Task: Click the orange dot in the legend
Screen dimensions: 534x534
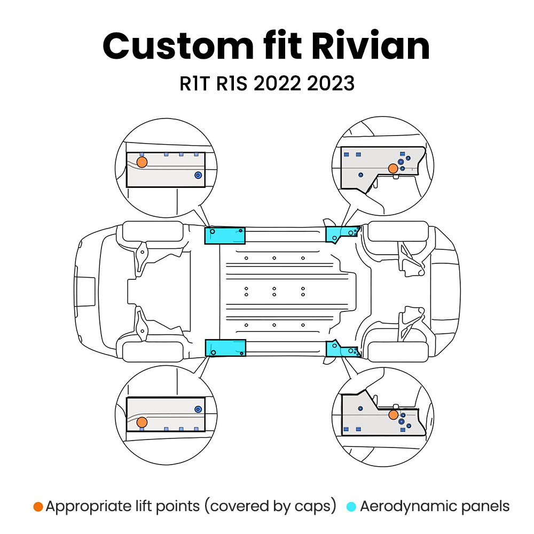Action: click(38, 506)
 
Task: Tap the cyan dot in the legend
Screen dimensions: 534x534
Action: click(351, 506)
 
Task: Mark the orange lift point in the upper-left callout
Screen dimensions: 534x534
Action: click(142, 162)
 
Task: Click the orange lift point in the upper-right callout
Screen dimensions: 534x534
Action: click(393, 168)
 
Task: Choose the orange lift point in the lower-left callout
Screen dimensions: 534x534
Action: click(142, 422)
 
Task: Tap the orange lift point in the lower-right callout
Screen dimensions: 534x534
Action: click(393, 415)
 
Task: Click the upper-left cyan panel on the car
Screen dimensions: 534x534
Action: click(225, 235)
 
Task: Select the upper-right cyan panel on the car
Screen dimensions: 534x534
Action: click(341, 233)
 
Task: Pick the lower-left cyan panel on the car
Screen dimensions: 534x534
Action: click(225, 348)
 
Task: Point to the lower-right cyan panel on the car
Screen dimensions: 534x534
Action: click(341, 349)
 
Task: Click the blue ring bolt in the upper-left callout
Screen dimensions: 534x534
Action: click(198, 175)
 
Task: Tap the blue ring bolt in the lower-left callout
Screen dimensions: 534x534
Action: click(198, 409)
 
